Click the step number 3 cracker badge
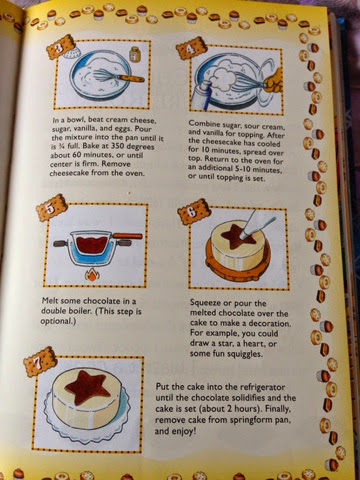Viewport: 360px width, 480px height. [x=60, y=47]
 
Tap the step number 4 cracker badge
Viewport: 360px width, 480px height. [x=189, y=49]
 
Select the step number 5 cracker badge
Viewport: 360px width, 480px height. [x=52, y=208]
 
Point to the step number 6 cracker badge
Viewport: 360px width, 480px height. [x=194, y=212]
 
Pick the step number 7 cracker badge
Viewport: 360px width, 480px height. [x=38, y=362]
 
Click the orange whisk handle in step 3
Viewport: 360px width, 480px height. [x=132, y=79]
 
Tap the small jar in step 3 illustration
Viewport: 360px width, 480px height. [x=135, y=54]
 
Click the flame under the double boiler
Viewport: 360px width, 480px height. [x=92, y=275]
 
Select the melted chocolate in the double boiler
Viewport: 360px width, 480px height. [x=92, y=244]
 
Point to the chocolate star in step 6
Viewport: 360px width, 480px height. [x=236, y=237]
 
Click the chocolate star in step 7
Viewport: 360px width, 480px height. [x=87, y=387]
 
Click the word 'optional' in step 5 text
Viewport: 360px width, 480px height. [x=57, y=321]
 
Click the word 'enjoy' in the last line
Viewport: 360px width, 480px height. [x=183, y=431]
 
